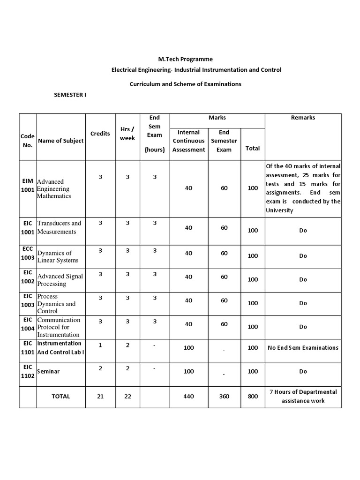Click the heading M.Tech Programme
185,59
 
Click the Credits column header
100,134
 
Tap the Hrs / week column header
127,134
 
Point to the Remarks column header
303,118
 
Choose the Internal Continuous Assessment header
189,141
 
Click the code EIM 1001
28,185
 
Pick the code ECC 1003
28,253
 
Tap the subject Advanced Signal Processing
60,280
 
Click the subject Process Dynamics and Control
56,304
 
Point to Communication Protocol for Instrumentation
59,327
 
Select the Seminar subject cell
48,371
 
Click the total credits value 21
100,396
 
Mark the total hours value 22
127,396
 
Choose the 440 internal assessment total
188,396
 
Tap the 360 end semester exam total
224,396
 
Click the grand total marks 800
253,396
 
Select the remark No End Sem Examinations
303,348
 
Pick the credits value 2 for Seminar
100,368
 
